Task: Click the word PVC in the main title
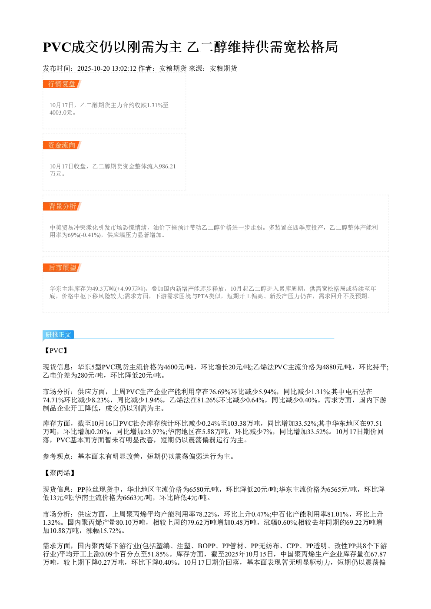pyautogui.click(x=56, y=47)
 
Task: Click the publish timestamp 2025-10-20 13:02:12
pyautogui.click(x=106, y=69)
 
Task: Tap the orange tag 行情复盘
pyautogui.click(x=62, y=84)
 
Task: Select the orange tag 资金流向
pyautogui.click(x=62, y=145)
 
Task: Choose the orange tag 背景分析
pyautogui.click(x=62, y=206)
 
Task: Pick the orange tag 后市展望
pyautogui.click(x=62, y=267)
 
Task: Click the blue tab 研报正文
pyautogui.click(x=58, y=334)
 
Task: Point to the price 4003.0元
pyautogui.click(x=61, y=113)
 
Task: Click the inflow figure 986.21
pyautogui.click(x=167, y=166)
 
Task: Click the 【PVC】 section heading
pyautogui.click(x=55, y=351)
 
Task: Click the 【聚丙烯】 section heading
pyautogui.click(x=59, y=473)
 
